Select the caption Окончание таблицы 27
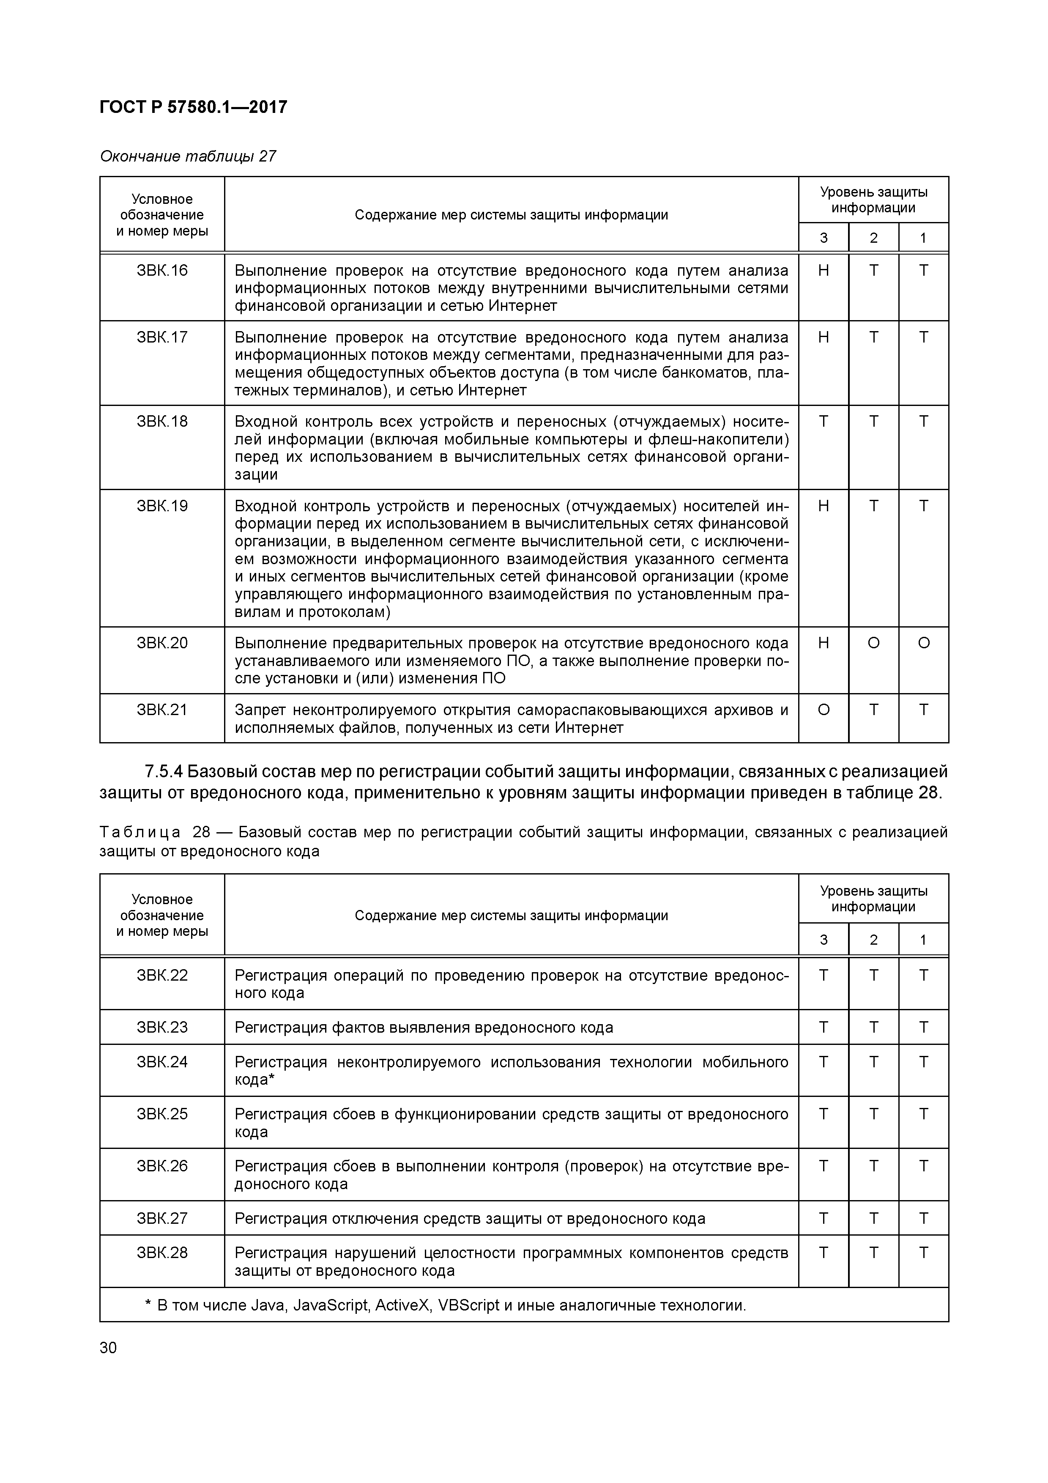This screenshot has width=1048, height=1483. point(188,156)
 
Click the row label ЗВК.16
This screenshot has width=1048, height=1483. point(162,271)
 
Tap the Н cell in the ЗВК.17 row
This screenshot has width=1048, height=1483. point(823,337)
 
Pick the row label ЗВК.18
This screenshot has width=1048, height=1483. point(162,422)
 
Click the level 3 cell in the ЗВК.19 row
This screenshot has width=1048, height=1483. point(823,506)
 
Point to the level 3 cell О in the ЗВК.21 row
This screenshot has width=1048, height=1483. point(823,710)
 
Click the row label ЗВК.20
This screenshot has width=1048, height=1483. point(162,643)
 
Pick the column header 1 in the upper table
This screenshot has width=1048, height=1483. point(923,238)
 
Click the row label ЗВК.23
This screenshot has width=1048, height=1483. point(162,1028)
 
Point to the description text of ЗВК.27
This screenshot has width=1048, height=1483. point(469,1219)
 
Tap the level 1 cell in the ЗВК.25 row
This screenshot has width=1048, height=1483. point(923,1114)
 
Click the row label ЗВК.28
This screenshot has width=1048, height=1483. point(162,1253)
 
